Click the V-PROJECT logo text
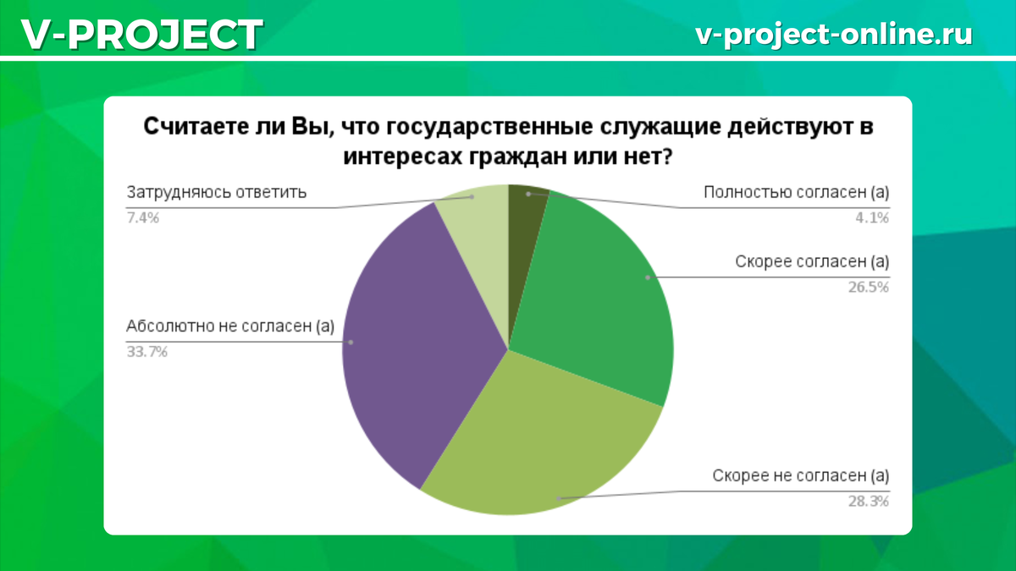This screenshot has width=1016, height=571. pyautogui.click(x=141, y=35)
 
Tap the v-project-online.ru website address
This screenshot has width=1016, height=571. pyautogui.click(x=834, y=35)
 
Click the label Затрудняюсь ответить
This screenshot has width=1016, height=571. pyautogui.click(x=217, y=193)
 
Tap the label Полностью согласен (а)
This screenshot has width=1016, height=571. pyautogui.click(x=797, y=193)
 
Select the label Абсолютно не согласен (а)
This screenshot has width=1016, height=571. pyautogui.click(x=230, y=327)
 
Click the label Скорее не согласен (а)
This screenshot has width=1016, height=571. pyautogui.click(x=801, y=475)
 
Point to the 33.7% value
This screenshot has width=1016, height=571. pyautogui.click(x=147, y=352)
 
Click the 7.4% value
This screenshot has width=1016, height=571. pyautogui.click(x=143, y=218)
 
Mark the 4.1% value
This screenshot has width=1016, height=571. pyautogui.click(x=872, y=218)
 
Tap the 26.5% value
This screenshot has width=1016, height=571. pyautogui.click(x=869, y=288)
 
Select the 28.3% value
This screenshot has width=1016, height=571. pyautogui.click(x=869, y=501)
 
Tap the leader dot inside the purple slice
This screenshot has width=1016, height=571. pyautogui.click(x=351, y=342)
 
